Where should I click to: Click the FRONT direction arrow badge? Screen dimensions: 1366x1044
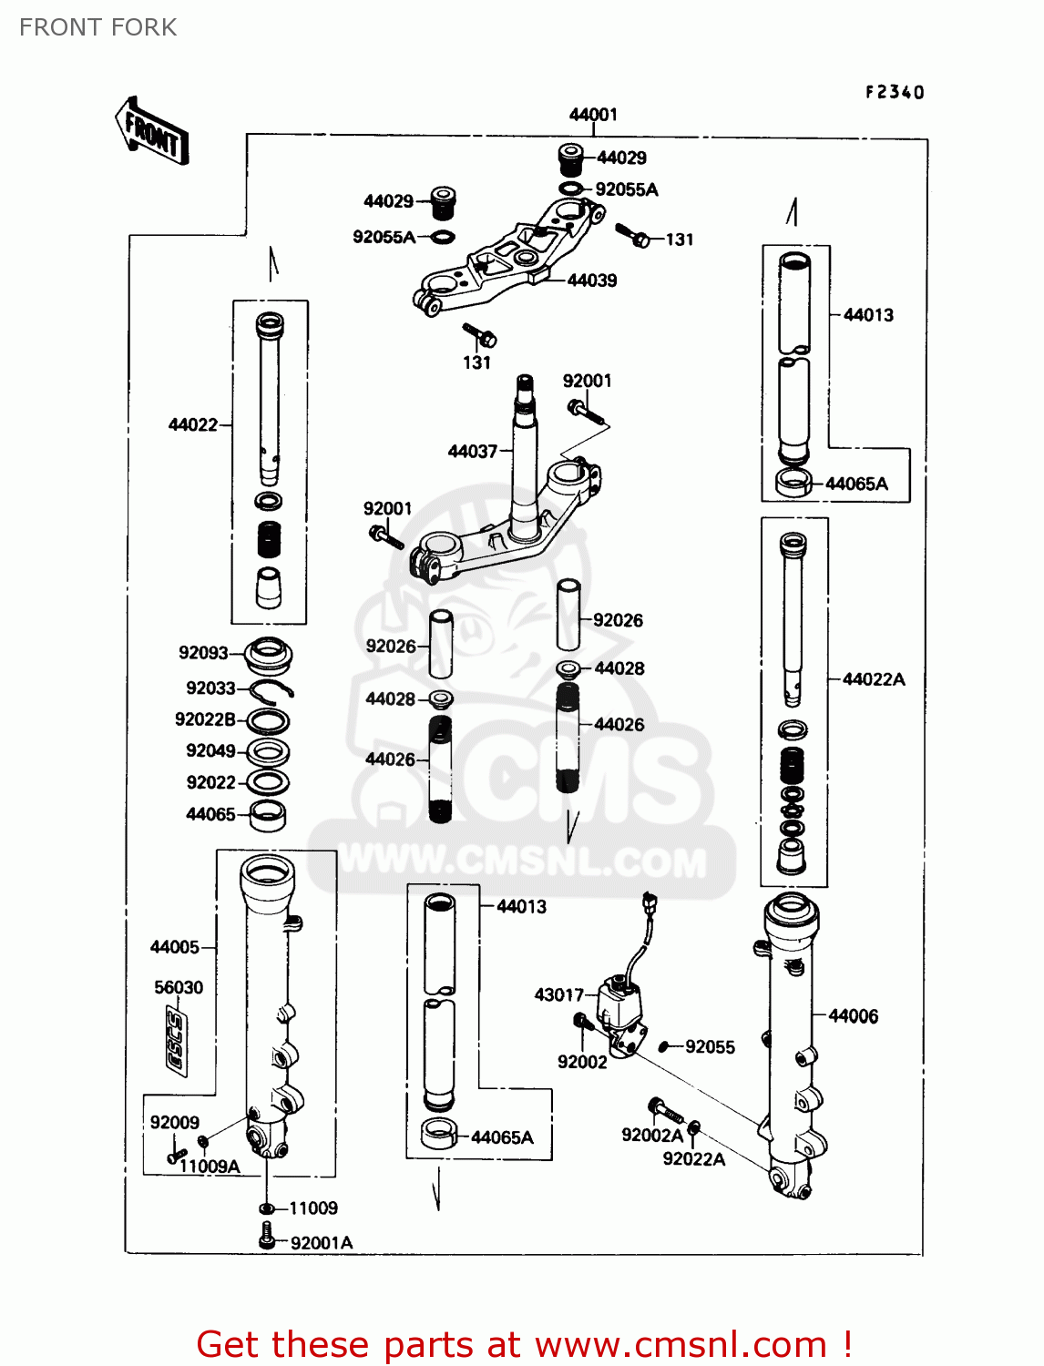tap(152, 132)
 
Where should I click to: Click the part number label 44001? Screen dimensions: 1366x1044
tap(593, 115)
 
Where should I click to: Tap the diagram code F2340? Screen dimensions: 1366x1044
tap(895, 92)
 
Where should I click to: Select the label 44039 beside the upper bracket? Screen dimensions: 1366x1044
tap(592, 280)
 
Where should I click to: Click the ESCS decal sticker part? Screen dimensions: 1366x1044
tap(174, 1042)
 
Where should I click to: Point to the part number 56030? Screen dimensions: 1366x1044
tap(179, 987)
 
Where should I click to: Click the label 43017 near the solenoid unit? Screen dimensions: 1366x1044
tap(558, 994)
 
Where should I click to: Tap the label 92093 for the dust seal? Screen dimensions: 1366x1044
tap(203, 653)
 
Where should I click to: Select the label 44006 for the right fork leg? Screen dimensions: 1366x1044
tap(854, 1016)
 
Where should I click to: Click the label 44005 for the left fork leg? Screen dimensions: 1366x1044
tap(174, 947)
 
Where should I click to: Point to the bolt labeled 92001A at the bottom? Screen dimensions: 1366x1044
tap(267, 1237)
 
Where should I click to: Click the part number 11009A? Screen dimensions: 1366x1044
tap(210, 1167)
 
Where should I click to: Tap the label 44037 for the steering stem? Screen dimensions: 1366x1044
tap(472, 452)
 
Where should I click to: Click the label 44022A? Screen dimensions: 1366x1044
tap(874, 679)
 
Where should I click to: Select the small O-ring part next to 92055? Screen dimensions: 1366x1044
tap(664, 1047)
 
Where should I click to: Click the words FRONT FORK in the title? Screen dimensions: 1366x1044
tap(98, 27)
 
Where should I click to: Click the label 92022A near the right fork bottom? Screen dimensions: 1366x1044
tap(693, 1159)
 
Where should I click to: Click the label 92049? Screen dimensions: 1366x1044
tap(210, 751)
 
